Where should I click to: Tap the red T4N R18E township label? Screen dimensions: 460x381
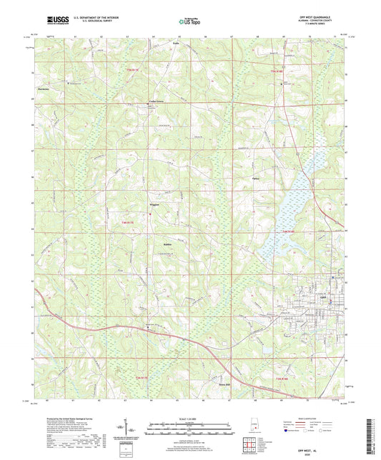point(287,232)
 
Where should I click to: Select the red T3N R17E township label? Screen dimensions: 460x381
point(140,378)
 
